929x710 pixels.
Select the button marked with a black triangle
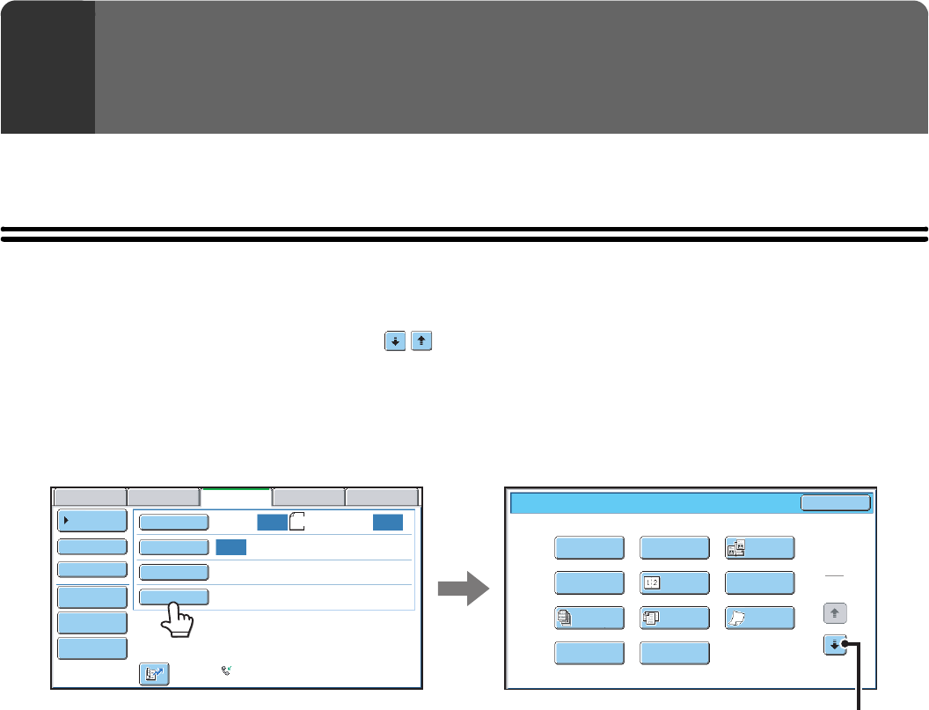click(92, 520)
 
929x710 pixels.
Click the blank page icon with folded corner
click(296, 522)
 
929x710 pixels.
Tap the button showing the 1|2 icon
click(675, 583)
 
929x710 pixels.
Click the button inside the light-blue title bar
click(835, 502)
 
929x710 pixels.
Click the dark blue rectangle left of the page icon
click(272, 522)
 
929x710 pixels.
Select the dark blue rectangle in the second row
click(230, 546)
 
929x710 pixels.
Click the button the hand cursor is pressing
click(173, 597)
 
